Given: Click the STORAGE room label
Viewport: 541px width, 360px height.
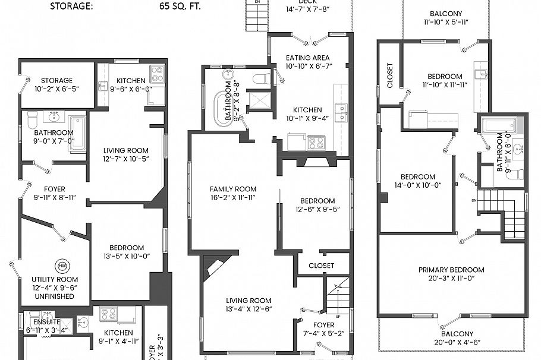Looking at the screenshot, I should click(56, 80).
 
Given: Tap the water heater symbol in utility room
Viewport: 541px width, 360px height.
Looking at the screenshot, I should click(62, 266).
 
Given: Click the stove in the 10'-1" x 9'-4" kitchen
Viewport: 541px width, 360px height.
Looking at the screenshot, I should click(316, 143).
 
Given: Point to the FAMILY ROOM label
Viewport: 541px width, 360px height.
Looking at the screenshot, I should click(233, 189).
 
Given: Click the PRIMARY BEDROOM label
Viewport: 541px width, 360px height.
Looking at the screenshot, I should click(451, 270).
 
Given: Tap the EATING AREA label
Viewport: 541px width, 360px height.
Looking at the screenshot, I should click(307, 58).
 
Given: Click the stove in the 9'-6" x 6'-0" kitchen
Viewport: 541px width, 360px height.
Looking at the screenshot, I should click(156, 74).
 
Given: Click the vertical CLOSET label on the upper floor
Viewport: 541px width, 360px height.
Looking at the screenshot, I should click(390, 75).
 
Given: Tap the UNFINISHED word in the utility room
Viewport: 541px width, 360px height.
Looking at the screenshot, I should click(54, 296).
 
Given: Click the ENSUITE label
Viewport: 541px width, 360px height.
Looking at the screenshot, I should click(40, 321).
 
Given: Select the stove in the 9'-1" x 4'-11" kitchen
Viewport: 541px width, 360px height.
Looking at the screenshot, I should click(108, 314).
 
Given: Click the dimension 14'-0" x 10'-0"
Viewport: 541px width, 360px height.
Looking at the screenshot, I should click(417, 185).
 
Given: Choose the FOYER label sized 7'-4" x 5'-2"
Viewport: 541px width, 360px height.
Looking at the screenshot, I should click(324, 325).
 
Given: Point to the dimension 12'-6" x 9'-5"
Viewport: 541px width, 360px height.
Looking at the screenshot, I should click(317, 209).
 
